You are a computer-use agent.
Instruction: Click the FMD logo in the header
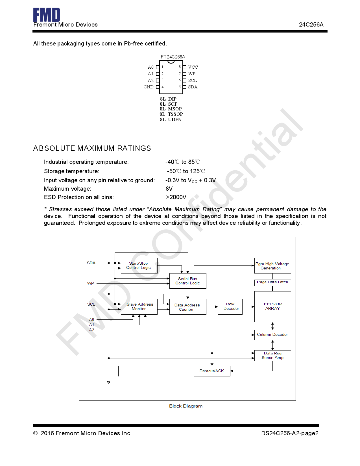click(47, 15)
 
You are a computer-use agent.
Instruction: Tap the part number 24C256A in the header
click(311, 25)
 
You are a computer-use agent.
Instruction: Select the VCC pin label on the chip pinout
click(193, 67)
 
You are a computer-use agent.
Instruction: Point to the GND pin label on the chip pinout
click(149, 87)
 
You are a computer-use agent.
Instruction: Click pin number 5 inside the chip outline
click(180, 87)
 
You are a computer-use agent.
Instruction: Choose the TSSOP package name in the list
click(175, 114)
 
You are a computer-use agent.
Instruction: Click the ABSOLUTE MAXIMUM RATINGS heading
click(92, 148)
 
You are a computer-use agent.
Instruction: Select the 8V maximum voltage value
click(169, 189)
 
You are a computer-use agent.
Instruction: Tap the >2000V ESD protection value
click(176, 197)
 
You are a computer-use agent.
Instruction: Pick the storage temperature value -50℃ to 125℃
click(186, 171)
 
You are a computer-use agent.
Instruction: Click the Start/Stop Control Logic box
click(139, 265)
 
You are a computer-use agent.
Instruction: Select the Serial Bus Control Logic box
click(188, 281)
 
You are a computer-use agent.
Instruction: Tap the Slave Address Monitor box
click(139, 306)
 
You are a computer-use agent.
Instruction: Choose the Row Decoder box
click(230, 306)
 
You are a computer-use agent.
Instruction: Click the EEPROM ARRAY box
click(273, 306)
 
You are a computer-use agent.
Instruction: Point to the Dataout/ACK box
click(212, 371)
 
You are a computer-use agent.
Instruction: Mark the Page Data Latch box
click(272, 282)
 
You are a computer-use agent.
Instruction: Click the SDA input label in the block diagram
click(91, 263)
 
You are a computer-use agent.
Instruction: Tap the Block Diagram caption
click(186, 406)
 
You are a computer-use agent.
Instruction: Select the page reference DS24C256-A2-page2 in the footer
click(290, 433)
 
